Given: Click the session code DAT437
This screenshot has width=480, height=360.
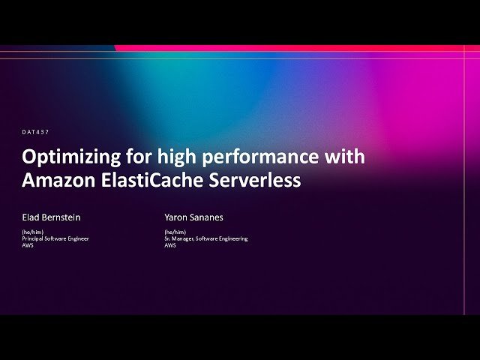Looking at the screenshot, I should tap(35, 132).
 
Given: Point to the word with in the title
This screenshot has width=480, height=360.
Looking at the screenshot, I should tap(345, 157).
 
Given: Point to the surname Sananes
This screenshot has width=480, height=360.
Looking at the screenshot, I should tap(208, 217).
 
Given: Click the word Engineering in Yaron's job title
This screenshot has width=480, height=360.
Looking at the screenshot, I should tap(232, 238).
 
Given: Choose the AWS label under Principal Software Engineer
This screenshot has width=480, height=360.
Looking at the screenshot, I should tap(27, 245).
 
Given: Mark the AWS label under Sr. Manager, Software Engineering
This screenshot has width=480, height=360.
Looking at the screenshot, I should tap(170, 245).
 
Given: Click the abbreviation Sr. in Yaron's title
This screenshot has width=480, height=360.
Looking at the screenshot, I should tap(167, 238).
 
